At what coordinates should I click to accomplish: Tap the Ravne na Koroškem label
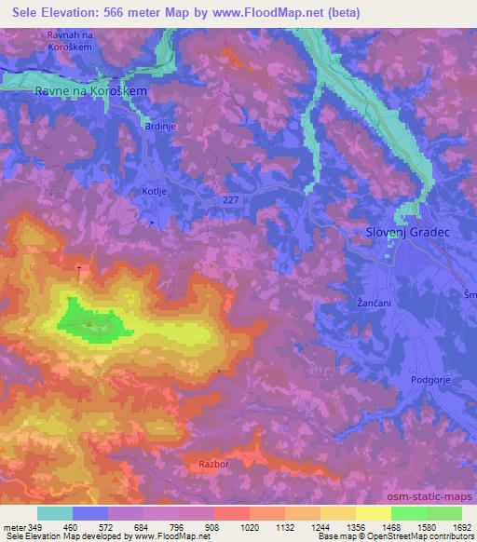91,92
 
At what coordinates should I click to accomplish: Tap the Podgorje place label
429,380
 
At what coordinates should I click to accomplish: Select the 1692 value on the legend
462,527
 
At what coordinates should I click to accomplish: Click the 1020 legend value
250,527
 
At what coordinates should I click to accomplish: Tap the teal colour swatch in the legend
55,513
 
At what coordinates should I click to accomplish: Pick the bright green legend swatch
409,513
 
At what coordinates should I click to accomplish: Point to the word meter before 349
13,527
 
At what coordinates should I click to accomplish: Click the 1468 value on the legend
391,527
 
